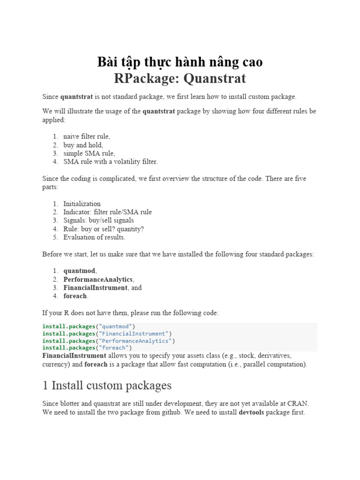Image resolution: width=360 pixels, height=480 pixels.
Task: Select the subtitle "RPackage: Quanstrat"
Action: click(180, 78)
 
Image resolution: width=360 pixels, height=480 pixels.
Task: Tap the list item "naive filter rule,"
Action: click(87, 136)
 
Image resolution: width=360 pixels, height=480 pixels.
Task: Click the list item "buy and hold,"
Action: click(83, 145)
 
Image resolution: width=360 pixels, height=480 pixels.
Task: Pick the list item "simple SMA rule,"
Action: click(89, 153)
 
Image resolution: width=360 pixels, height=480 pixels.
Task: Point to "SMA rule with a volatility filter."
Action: click(111, 162)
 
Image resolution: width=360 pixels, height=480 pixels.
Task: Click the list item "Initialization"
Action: click(82, 203)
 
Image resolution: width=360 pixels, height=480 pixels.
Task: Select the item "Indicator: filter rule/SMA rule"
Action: click(107, 212)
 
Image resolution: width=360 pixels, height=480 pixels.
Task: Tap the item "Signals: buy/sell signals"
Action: click(98, 220)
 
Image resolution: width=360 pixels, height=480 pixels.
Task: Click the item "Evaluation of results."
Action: click(94, 237)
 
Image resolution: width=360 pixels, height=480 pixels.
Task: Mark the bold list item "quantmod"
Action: click(79, 271)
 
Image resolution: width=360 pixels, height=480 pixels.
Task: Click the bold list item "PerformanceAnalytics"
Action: click(98, 279)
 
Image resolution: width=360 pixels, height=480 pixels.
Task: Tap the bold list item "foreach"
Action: click(75, 296)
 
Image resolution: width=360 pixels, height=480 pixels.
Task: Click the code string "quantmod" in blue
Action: click(115, 326)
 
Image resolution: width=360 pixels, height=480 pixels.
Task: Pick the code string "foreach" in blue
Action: click(114, 348)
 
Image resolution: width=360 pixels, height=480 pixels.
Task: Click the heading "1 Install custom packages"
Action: click(107, 386)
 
